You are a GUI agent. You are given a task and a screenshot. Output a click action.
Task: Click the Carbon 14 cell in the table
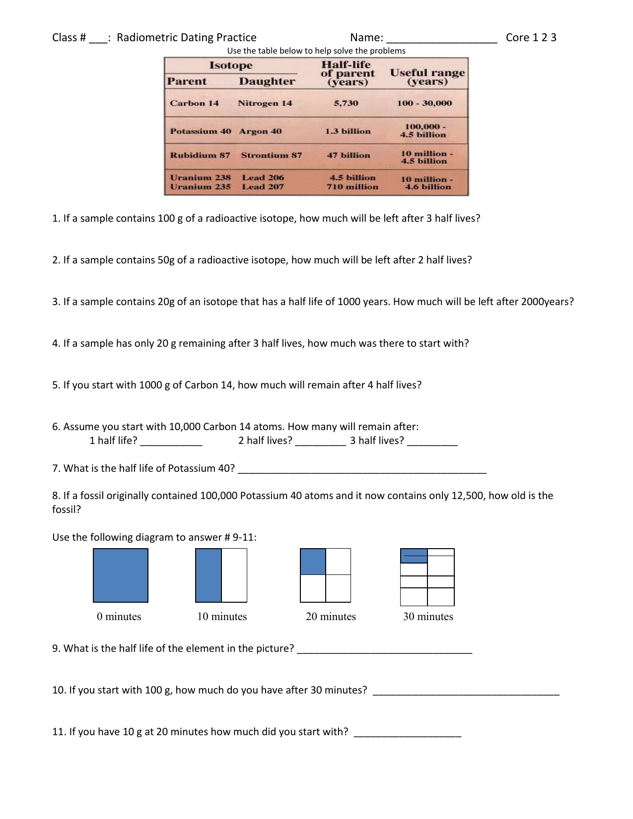click(194, 103)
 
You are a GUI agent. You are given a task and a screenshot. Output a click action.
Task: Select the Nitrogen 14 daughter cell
click(265, 103)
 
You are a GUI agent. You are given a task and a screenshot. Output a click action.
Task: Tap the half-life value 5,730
click(346, 103)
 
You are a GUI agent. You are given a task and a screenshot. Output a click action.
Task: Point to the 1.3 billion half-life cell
click(348, 131)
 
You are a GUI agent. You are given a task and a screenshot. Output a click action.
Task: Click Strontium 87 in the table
click(271, 155)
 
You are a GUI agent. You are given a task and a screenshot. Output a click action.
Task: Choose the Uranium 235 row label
click(200, 187)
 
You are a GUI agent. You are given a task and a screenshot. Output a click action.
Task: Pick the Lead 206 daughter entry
click(263, 178)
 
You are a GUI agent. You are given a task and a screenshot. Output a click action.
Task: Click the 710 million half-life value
click(352, 187)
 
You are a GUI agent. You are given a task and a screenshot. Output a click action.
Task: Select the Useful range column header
click(427, 77)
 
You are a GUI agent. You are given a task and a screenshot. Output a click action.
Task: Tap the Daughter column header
click(267, 81)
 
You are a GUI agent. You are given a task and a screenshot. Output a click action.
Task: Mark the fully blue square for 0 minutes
click(121, 575)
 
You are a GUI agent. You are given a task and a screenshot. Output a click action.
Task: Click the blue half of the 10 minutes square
click(209, 575)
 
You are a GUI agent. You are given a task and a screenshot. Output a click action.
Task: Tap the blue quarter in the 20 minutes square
click(313, 562)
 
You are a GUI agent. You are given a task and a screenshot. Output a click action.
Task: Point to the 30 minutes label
click(428, 617)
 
